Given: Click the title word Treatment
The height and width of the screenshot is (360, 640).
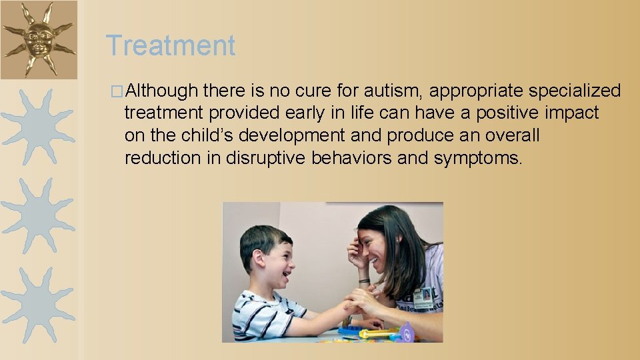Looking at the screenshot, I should tap(171, 46).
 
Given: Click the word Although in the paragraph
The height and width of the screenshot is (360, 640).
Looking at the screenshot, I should tap(161, 91).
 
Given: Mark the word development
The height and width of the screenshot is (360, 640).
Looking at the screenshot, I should tap(292, 136).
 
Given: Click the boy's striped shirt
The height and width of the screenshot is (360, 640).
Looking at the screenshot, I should tap(263, 317).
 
